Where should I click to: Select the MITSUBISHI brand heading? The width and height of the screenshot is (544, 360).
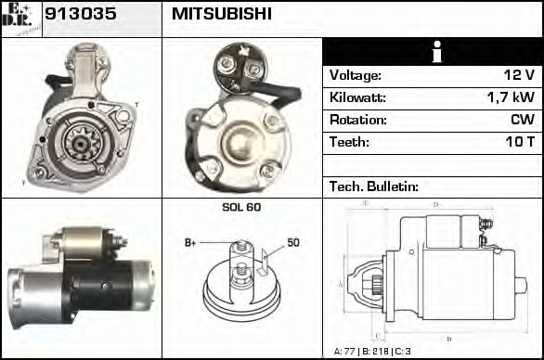[x=222, y=14]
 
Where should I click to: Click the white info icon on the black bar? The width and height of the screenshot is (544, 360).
[x=432, y=52]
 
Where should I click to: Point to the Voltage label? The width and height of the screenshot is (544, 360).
[x=355, y=75]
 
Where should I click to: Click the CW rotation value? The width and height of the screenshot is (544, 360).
[x=523, y=120]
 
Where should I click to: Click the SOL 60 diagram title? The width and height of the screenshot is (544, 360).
[x=241, y=207]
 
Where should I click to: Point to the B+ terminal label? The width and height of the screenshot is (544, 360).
[x=190, y=242]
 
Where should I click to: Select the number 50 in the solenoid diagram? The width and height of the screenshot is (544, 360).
[x=292, y=242]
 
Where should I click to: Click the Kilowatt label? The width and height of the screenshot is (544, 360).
[x=357, y=97]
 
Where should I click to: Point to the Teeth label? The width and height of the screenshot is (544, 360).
[x=349, y=142]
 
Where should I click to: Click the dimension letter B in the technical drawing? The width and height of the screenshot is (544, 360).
[x=449, y=338]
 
